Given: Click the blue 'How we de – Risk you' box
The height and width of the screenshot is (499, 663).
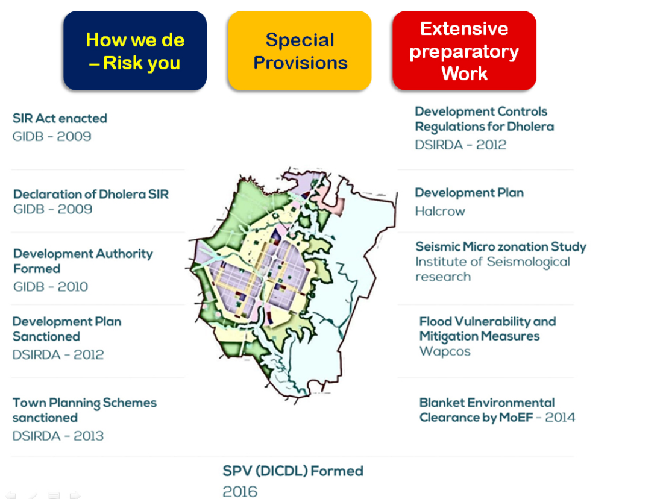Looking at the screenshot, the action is pos(135,51).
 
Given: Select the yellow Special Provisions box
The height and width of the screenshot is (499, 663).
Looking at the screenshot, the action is pos(300,51).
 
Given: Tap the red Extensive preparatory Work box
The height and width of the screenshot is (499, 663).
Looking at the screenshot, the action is pos(464,51).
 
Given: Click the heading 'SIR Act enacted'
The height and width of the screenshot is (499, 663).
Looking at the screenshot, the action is pos(60,118).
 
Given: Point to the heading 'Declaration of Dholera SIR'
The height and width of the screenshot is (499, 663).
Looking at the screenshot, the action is pos(91,194).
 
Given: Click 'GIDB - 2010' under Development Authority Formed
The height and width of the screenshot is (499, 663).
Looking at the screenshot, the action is pos(51,287).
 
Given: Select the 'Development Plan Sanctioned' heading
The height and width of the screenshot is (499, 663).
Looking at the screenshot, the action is pos(67,329).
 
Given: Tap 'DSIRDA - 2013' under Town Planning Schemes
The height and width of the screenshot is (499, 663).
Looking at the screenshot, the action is pos(58,436).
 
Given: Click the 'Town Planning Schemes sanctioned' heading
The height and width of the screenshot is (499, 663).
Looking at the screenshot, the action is pos(84,410).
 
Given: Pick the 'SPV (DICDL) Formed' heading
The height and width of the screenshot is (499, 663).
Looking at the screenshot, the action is pos(293,471).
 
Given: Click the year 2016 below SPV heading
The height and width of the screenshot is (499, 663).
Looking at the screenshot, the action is pos(240,491).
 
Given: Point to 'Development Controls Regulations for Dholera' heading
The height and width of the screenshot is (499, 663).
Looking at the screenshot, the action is pos(485,119).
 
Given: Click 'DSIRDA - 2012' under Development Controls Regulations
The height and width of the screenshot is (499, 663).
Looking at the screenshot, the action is pos(460,145).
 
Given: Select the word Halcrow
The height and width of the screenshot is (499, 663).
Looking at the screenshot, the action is pos(440,211).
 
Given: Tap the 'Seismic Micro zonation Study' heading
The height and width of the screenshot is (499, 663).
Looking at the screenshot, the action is pos(501,246).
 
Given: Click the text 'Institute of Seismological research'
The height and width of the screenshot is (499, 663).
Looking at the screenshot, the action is pos(493,269).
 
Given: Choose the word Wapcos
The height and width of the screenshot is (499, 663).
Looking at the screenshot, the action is pos(445,351).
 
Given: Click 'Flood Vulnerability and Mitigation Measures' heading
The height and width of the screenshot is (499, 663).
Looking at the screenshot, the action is pos(488,329).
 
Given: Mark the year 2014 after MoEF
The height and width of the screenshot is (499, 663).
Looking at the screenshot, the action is pos(561,418).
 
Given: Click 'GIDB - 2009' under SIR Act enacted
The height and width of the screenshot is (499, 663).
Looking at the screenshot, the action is pos(52,136).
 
